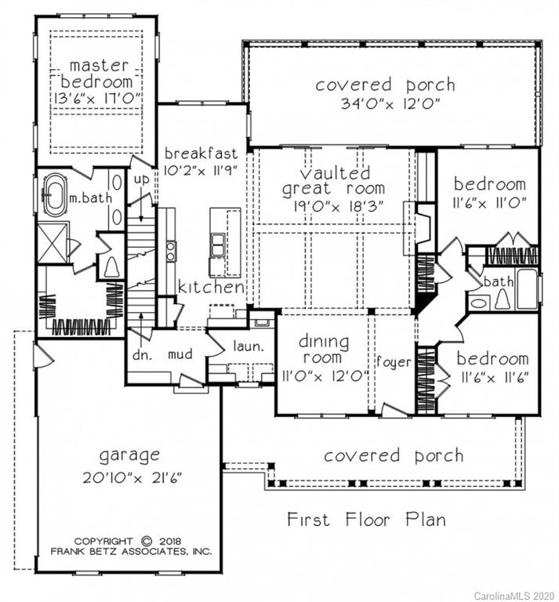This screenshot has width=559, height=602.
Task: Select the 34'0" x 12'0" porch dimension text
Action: pos(385,104)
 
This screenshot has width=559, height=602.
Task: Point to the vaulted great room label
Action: pos(333,180)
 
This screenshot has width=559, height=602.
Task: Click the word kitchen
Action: pos(210,288)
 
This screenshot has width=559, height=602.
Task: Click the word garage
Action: pos(129,455)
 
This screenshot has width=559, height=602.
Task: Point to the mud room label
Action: pos(180,354)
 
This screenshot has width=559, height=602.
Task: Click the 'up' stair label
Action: pos(142,180)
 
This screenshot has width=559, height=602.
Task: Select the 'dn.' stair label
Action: pos(141,354)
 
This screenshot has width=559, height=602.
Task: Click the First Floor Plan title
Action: pos(366,519)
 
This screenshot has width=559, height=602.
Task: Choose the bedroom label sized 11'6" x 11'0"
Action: pos(489,185)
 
